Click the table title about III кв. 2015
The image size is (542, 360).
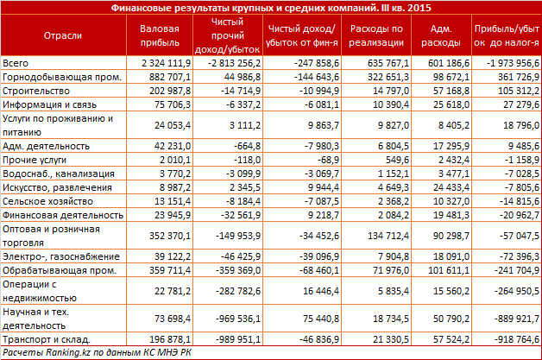[270, 7]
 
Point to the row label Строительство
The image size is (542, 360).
[32, 91]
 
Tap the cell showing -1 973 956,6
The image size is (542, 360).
[507, 63]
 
